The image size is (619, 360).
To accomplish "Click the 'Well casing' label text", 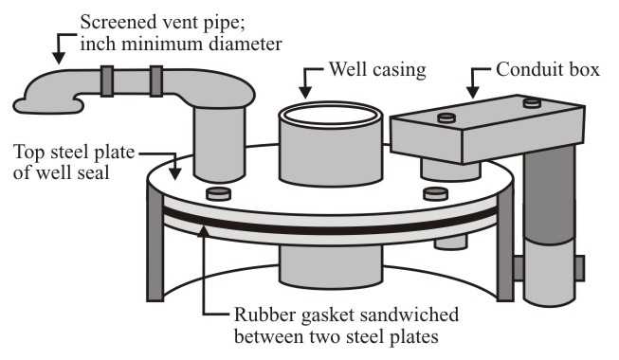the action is (x=377, y=70).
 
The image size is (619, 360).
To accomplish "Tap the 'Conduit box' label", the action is (x=548, y=69).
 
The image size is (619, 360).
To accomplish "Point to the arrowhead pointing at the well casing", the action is (x=305, y=92).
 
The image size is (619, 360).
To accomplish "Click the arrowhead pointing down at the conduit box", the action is (x=472, y=92).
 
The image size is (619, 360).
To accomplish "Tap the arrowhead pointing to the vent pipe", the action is (x=59, y=58).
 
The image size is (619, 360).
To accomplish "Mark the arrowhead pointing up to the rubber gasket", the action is (x=204, y=231).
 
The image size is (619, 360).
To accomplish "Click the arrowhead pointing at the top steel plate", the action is (x=174, y=174).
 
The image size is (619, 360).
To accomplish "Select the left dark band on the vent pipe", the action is (x=107, y=81).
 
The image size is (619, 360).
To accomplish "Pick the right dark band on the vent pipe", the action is (x=155, y=81).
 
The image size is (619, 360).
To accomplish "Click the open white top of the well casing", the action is (x=331, y=115).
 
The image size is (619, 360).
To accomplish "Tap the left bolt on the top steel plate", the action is (x=219, y=194).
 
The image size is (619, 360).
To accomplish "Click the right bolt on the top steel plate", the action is (x=435, y=194).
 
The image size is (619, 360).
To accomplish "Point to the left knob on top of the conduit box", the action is (x=446, y=117).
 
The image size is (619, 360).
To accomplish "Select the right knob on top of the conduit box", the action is (x=532, y=102).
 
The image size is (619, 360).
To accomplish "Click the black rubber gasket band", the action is (x=330, y=225).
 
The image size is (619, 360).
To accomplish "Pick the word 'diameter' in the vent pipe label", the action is (x=246, y=44).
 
